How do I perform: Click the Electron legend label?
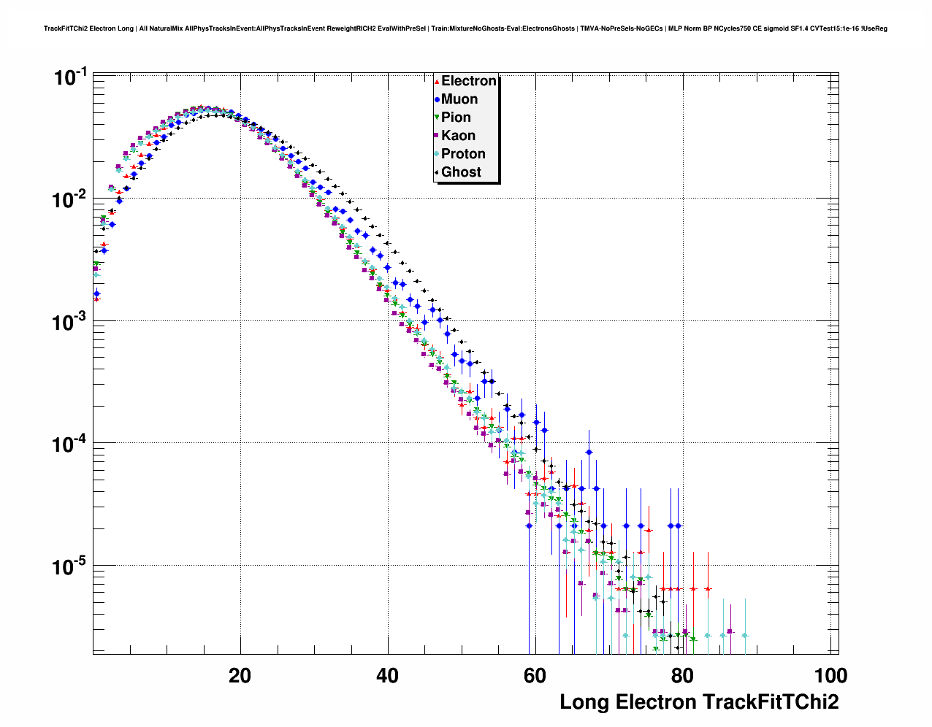tap(469, 81)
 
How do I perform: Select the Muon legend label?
tap(459, 99)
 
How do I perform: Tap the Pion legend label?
tap(456, 118)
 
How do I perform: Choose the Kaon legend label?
tap(458, 136)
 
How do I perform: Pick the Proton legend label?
tap(463, 154)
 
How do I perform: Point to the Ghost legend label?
tap(461, 172)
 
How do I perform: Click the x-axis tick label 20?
tap(240, 676)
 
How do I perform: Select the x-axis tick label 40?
tap(387, 676)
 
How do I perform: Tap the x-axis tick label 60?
tap(535, 676)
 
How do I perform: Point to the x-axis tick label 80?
tap(682, 676)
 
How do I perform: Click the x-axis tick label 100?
tap(830, 676)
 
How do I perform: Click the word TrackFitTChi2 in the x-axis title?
tap(771, 702)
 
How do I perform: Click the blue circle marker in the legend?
tap(437, 99)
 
